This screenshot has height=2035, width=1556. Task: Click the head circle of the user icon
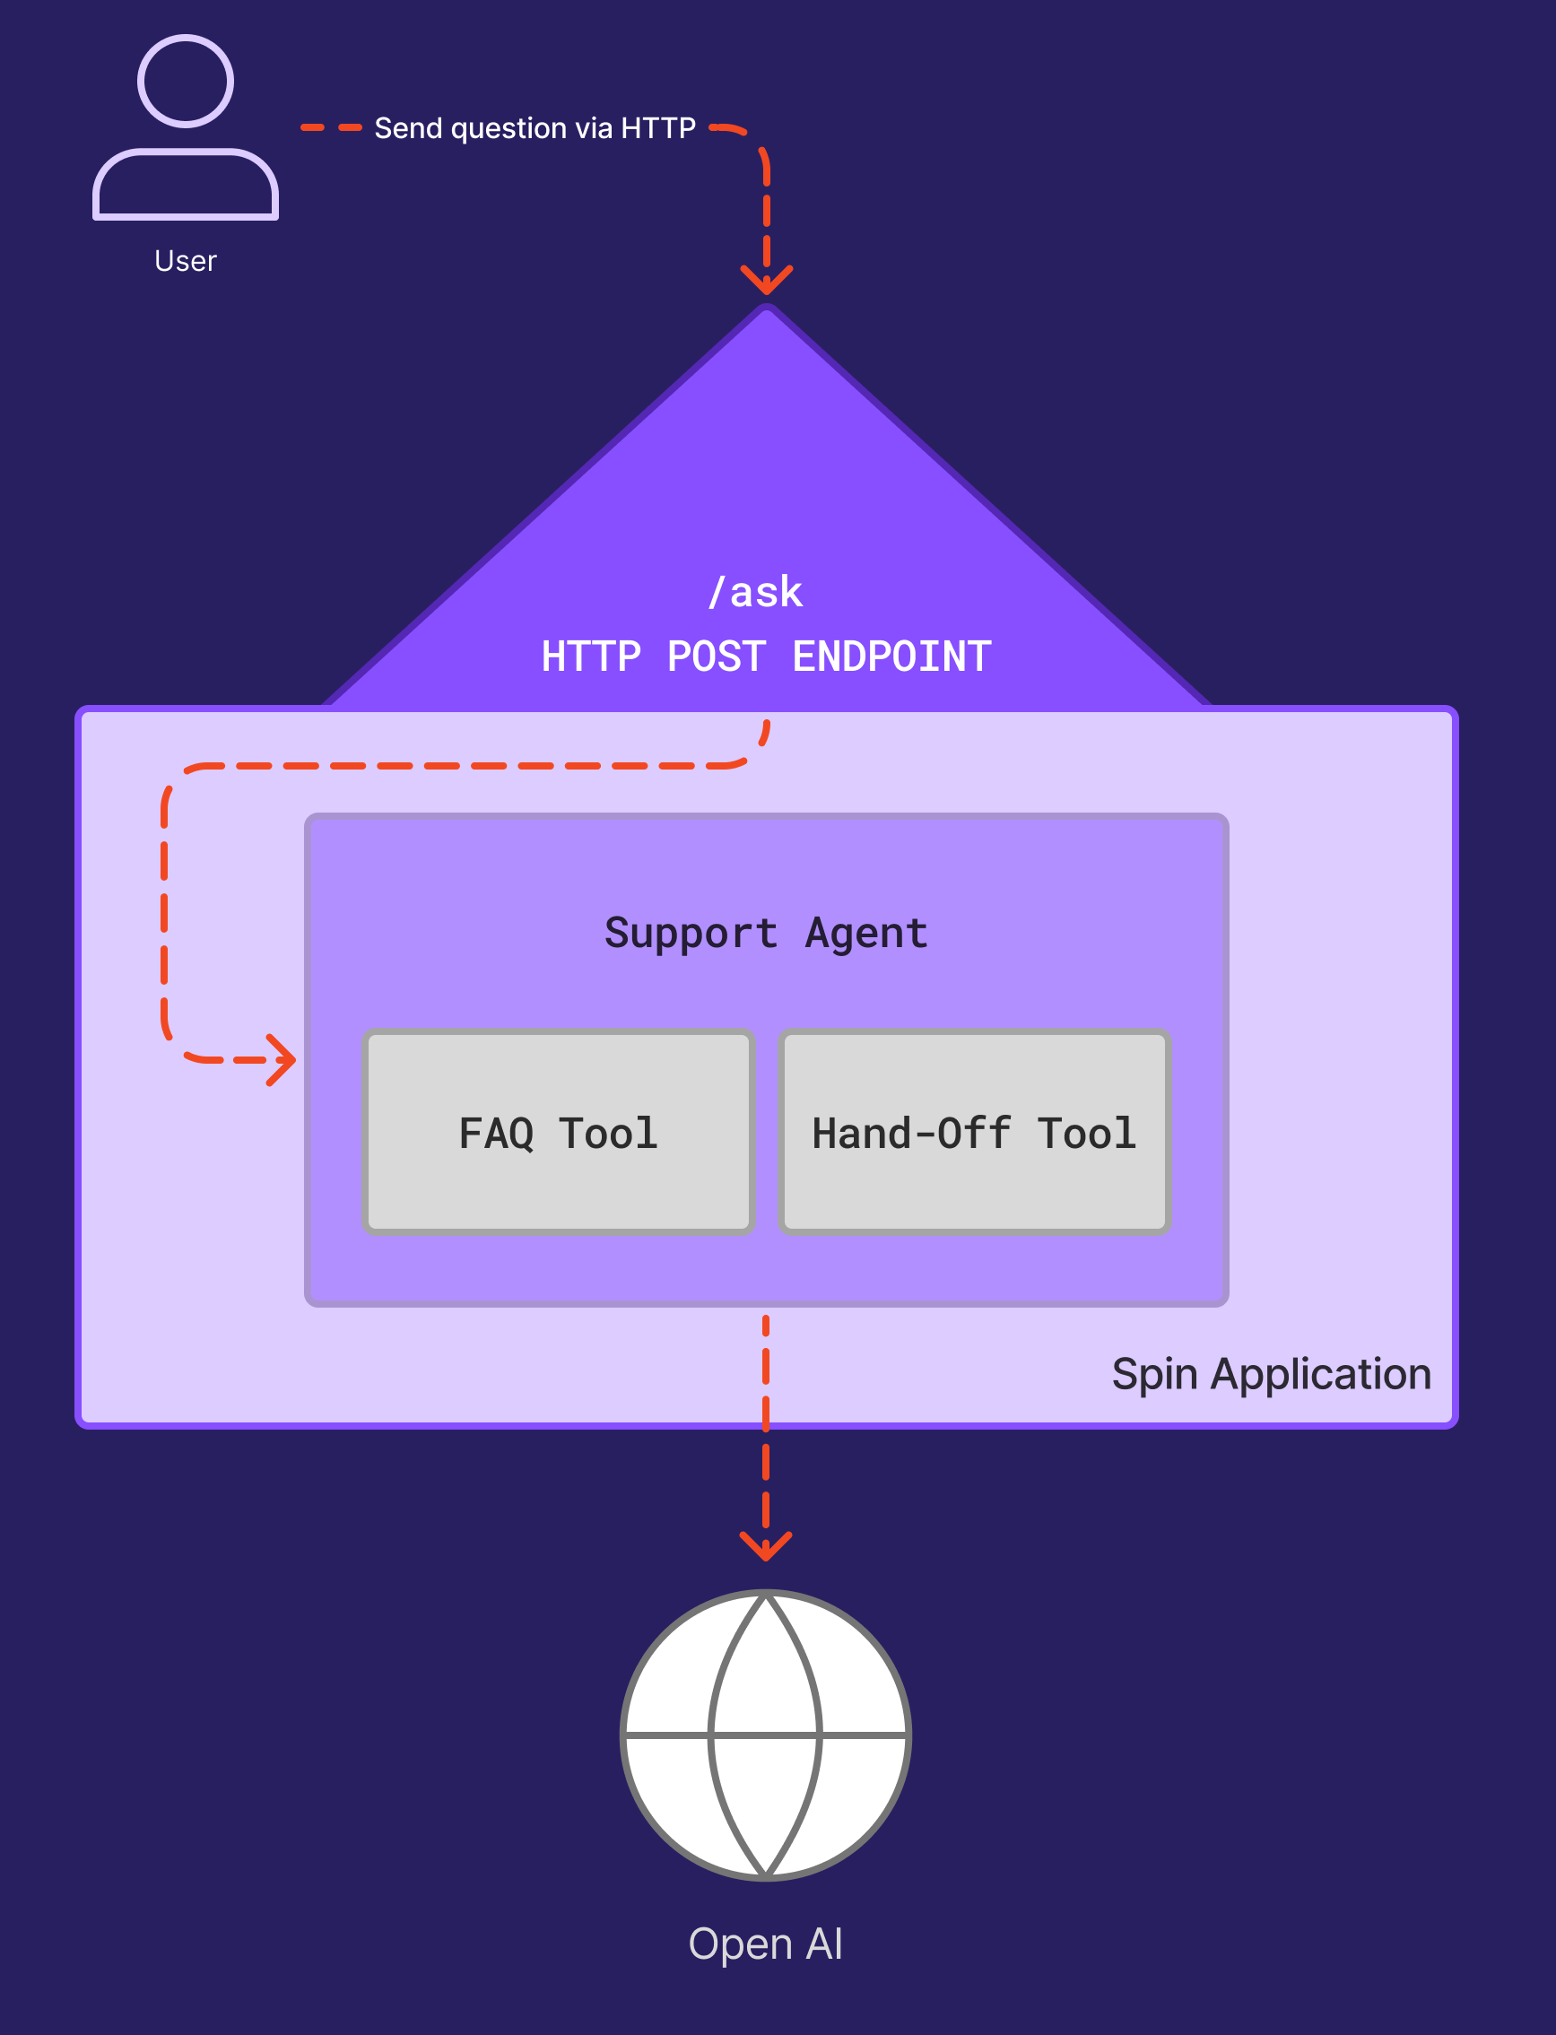click(186, 82)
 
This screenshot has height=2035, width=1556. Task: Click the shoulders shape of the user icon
click(186, 186)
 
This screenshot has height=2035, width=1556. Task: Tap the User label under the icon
click(186, 261)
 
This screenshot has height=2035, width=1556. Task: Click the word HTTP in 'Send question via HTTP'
click(657, 128)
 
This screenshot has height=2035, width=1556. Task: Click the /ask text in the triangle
click(756, 593)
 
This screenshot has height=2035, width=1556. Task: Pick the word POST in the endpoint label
click(716, 657)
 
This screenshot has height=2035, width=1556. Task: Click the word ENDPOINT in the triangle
click(892, 657)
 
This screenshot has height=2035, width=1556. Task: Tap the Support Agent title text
click(766, 934)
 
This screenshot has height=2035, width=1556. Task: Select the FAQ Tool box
click(559, 1132)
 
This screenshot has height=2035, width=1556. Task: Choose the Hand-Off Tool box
click(974, 1132)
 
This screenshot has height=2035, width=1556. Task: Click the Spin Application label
click(1271, 1374)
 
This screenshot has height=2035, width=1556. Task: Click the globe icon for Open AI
click(766, 1735)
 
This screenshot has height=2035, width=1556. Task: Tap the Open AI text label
click(766, 1944)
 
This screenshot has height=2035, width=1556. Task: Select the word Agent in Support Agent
click(866, 934)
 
